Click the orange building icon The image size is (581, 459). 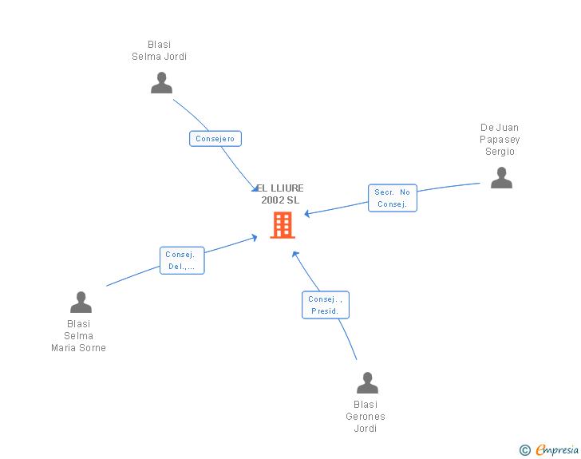283,225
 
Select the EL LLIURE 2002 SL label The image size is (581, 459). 280,194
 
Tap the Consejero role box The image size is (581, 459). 215,139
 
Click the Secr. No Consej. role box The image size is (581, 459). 393,198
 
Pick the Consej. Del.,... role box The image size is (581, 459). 182,260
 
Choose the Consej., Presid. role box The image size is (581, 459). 326,305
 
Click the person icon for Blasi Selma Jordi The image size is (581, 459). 161,83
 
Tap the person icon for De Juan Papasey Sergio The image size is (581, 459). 501,178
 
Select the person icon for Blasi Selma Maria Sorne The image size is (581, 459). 81,303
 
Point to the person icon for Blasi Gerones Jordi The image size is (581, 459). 367,383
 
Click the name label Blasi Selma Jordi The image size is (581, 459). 160,51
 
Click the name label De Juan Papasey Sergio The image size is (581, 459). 500,140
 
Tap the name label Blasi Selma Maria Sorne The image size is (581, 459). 79,336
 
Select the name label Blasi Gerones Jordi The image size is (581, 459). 366,417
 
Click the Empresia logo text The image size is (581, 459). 557,450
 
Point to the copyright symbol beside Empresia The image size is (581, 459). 525,450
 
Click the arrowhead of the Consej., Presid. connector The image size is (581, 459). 294,254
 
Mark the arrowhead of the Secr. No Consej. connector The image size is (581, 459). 307,214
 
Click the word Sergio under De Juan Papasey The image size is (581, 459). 500,152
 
